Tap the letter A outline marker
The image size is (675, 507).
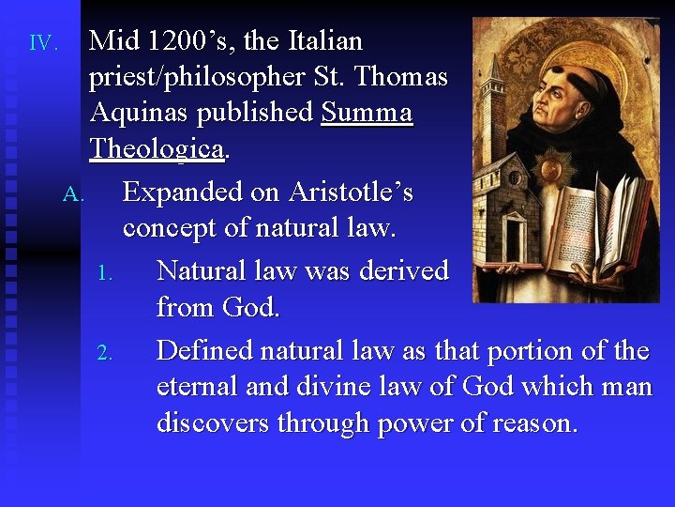74,195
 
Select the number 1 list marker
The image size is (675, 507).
105,275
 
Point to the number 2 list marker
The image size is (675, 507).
105,354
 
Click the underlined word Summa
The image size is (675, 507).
367,113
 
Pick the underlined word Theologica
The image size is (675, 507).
157,148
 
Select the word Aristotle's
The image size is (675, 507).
351,192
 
